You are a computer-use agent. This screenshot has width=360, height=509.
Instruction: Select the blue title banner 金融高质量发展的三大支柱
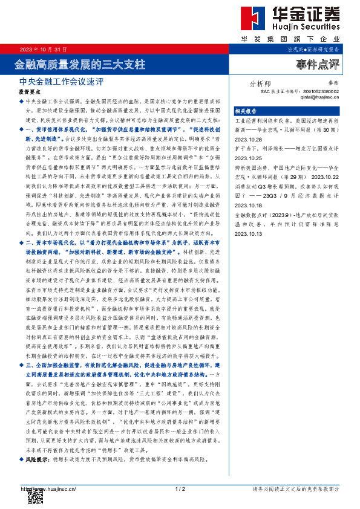[x=80, y=63]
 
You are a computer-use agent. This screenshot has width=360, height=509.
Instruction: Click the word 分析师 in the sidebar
[x=261, y=84]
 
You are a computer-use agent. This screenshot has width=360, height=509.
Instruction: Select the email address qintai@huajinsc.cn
[x=319, y=96]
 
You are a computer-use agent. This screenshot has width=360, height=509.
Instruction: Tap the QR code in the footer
[x=36, y=496]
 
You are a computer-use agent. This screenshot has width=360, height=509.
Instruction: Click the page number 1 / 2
[x=179, y=488]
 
